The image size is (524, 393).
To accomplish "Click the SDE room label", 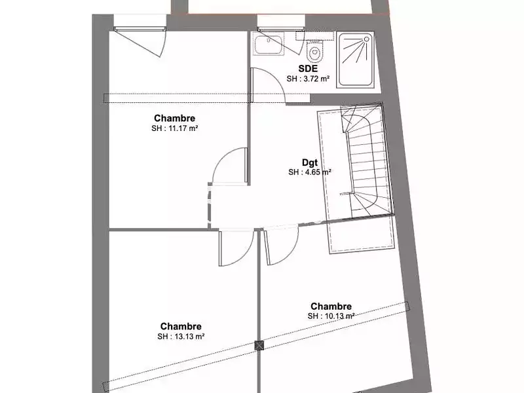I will [x=308, y=68].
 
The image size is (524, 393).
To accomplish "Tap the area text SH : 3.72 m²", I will [x=308, y=79].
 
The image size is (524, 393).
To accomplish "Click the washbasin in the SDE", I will [x=269, y=45].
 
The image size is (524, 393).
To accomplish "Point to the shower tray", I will [x=356, y=61].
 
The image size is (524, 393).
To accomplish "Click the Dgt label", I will [x=309, y=162].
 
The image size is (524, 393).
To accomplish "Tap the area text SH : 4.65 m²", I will [x=309, y=173].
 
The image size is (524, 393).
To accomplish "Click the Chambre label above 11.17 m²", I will [x=174, y=119].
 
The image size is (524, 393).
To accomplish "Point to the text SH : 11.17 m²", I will [x=174, y=129].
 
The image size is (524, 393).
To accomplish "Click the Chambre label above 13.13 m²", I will [x=180, y=327].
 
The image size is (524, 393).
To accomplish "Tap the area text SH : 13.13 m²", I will [x=180, y=337].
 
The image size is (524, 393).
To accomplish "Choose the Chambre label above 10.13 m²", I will [x=331, y=306].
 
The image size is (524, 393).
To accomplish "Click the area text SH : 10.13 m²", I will [x=331, y=316].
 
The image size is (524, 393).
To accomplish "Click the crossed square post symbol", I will [x=259, y=345].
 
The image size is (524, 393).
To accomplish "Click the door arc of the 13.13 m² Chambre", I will [x=236, y=249].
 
